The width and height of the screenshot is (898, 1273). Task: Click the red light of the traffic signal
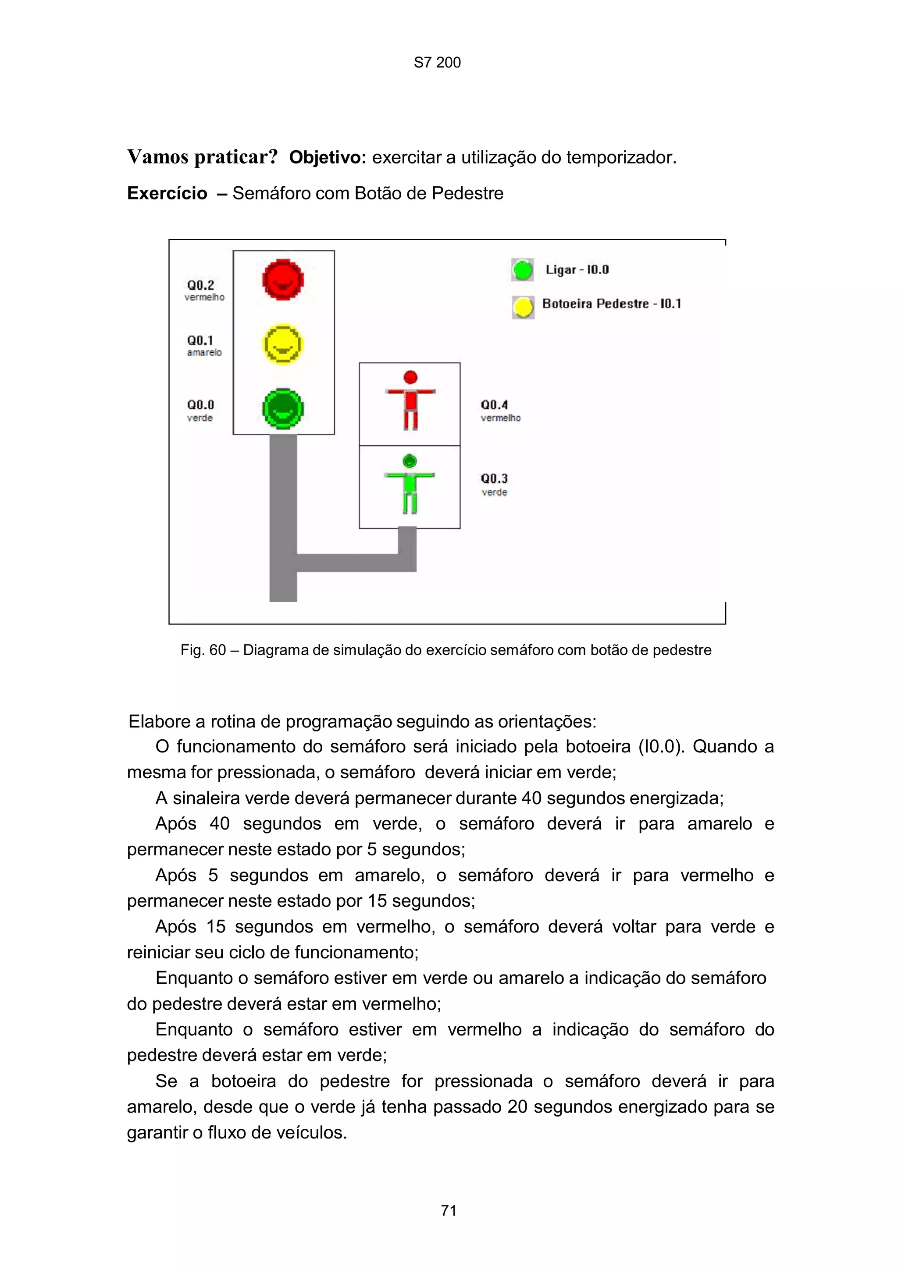(x=283, y=280)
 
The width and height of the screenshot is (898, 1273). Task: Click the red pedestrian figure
(x=410, y=401)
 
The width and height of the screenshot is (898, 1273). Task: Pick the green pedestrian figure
(x=410, y=484)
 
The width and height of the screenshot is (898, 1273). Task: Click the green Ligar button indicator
(x=523, y=270)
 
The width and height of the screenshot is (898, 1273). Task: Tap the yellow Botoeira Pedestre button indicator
(x=523, y=307)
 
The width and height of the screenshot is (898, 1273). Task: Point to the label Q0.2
(x=200, y=285)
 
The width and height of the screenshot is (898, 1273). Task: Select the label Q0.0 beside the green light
(x=200, y=405)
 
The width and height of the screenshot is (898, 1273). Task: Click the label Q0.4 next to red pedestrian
(x=494, y=405)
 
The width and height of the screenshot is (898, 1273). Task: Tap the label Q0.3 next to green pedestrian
(x=494, y=479)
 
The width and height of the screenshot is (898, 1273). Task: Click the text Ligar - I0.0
(x=577, y=270)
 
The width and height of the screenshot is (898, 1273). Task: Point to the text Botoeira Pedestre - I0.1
(x=611, y=304)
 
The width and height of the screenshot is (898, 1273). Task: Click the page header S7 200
(x=437, y=63)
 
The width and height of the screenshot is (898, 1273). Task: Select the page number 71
(x=448, y=1210)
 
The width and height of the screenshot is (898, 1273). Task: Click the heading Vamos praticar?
(x=203, y=157)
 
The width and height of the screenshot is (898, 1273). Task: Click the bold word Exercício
(x=167, y=194)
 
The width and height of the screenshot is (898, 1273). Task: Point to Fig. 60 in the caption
(x=203, y=650)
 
